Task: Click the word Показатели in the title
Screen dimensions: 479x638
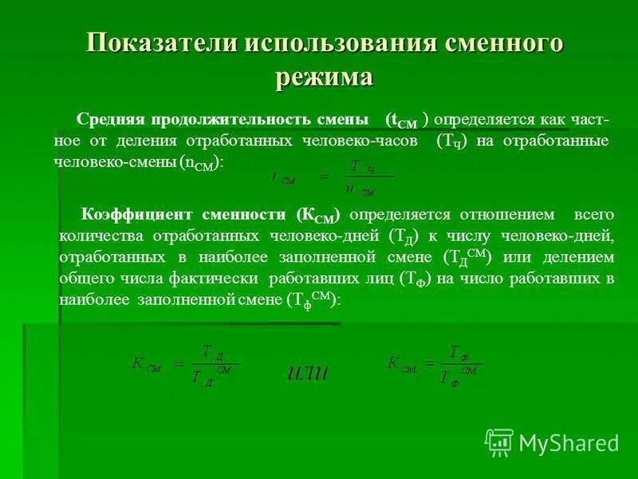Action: tap(152, 43)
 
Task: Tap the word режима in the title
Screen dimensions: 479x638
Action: tap(324, 76)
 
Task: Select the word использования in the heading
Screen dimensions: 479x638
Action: tap(328, 43)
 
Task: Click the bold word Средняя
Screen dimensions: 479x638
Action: tap(110, 119)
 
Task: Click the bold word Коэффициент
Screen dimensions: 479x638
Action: tap(132, 215)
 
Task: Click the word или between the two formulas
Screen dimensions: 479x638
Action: tap(309, 371)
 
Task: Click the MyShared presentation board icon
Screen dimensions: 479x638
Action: tap(499, 441)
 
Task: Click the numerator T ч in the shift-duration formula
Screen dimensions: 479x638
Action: tap(356, 166)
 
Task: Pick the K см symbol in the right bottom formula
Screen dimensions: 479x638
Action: tap(402, 363)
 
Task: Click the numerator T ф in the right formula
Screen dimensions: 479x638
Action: tap(458, 352)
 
